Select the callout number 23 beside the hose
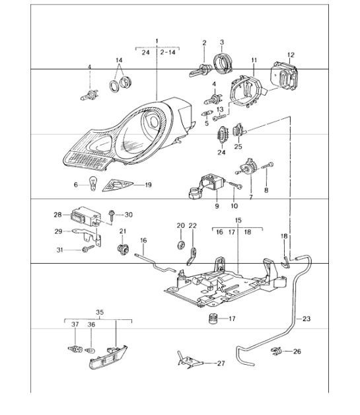306,319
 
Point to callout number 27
221,363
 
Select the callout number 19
148,185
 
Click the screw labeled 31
86,249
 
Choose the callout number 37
75,324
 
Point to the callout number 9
215,206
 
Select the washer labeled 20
179,245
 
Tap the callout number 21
123,231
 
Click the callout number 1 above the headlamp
157,41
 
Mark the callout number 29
57,231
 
